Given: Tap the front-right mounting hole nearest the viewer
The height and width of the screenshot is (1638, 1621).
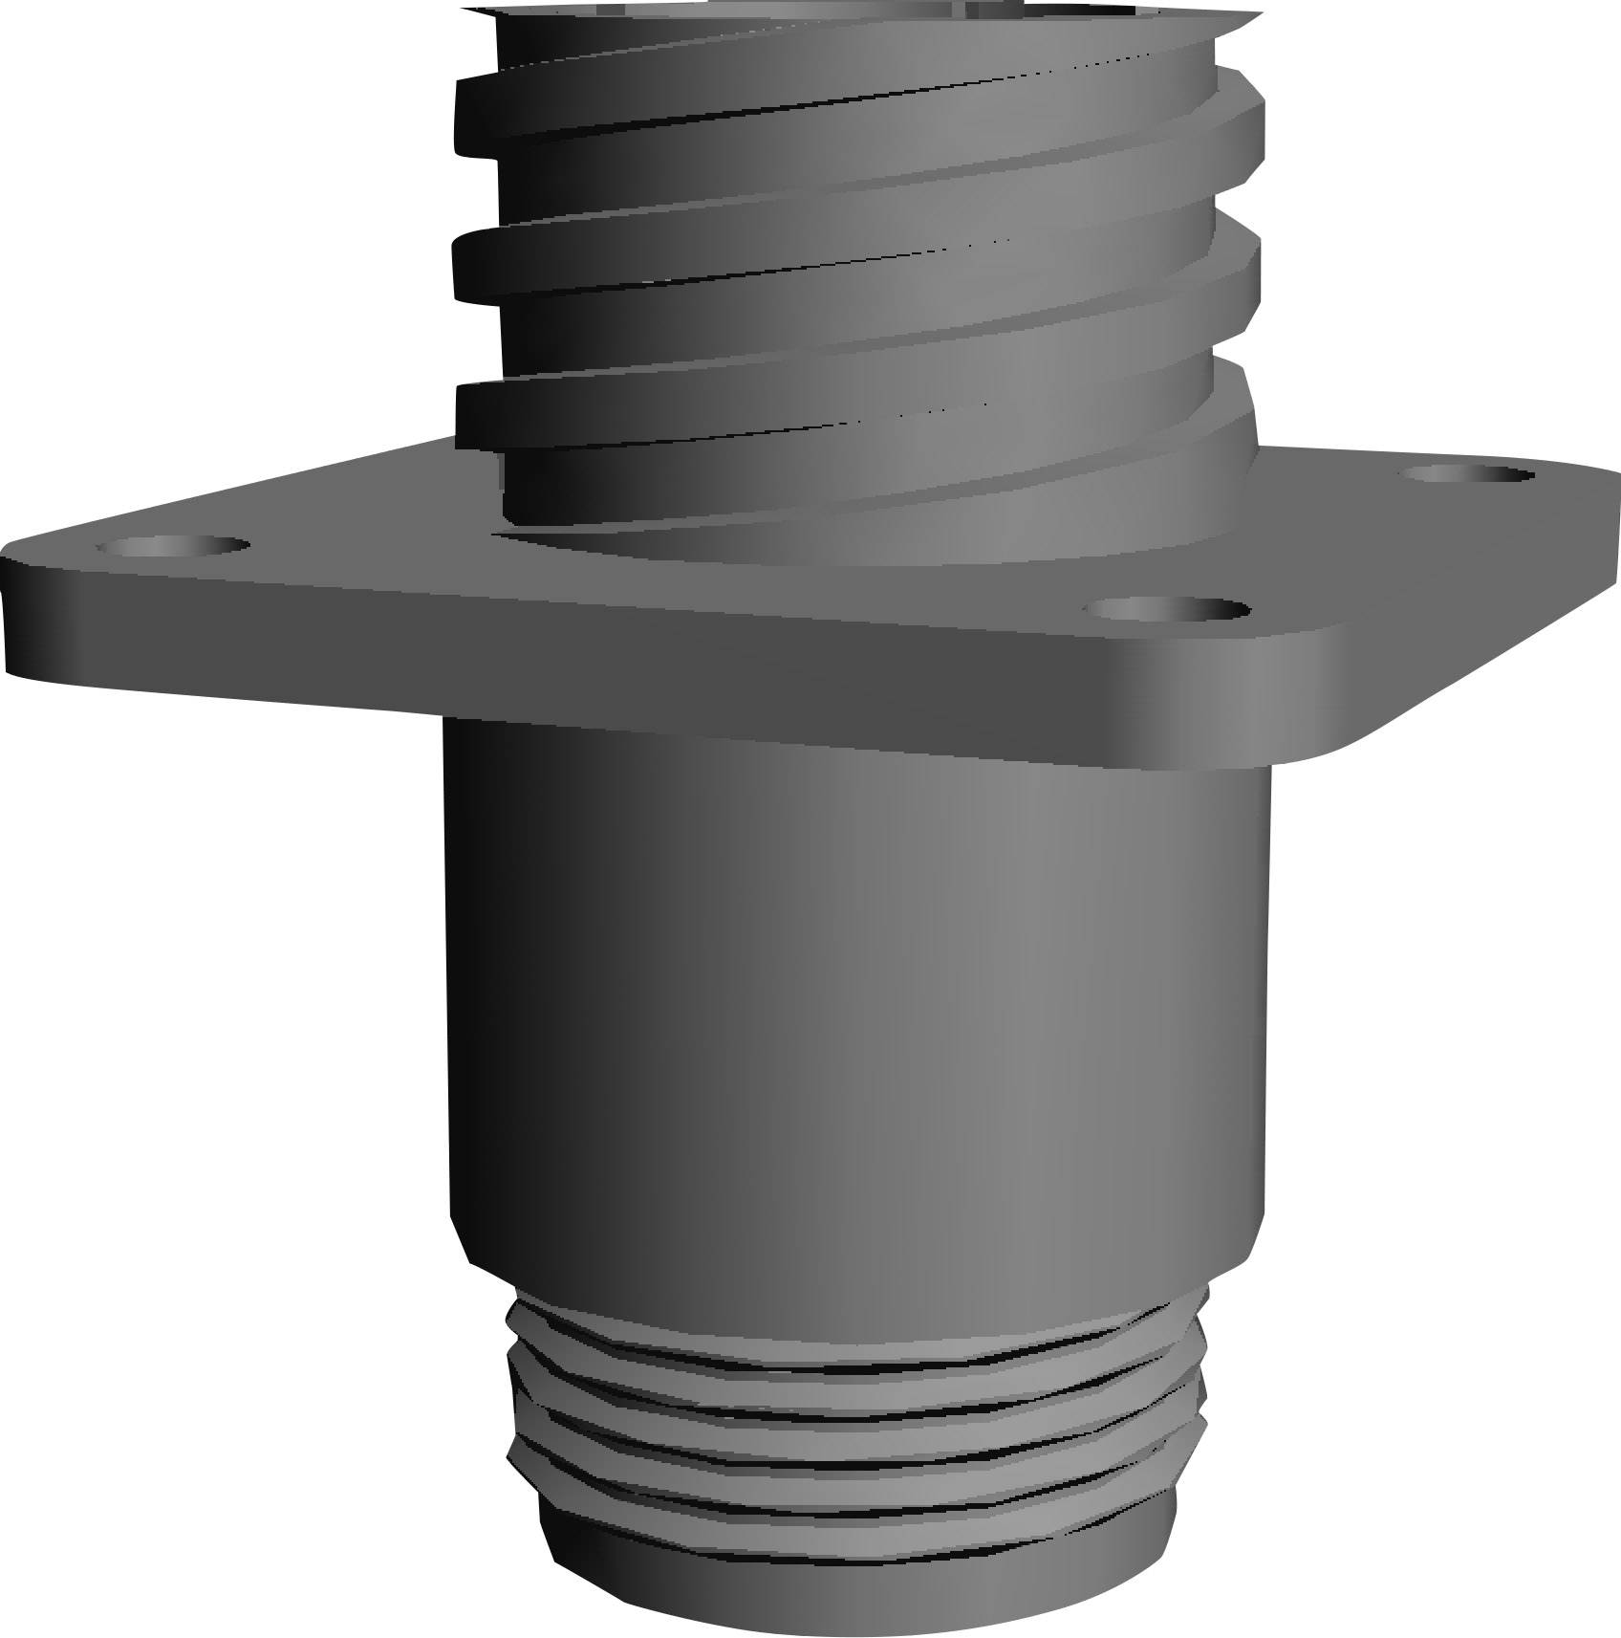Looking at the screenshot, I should (1169, 608).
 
